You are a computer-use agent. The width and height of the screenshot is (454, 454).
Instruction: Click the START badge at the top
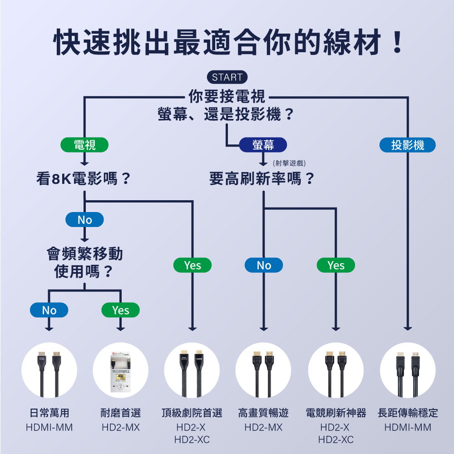tap(227, 77)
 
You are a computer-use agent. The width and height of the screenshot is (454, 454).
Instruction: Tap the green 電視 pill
tap(85, 145)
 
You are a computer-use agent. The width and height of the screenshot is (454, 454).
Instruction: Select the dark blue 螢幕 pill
tap(263, 145)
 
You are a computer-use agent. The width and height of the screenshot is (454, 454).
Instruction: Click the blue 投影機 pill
tap(407, 145)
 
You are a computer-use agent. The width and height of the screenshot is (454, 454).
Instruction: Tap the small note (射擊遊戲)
tap(289, 163)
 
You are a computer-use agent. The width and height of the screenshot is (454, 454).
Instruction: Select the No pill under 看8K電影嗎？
tap(84, 220)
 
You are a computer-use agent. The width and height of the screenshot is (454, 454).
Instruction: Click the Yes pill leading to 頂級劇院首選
tap(192, 265)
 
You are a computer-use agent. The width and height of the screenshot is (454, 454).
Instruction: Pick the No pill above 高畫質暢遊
tap(263, 265)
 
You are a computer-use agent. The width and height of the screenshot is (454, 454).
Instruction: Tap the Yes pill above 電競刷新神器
tap(336, 265)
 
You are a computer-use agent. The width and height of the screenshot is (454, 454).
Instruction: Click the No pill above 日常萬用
tap(49, 310)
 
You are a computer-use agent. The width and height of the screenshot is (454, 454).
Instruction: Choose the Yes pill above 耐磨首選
tap(120, 310)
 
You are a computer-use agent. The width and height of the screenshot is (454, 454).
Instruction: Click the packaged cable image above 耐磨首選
tap(120, 370)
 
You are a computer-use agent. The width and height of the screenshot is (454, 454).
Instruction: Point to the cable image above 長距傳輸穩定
tap(408, 370)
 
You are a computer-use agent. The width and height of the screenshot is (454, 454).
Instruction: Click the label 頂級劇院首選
tap(192, 413)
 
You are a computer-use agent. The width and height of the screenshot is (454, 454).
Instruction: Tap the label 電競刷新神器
tap(336, 413)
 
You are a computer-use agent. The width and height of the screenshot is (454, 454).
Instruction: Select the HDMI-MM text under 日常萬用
tap(49, 428)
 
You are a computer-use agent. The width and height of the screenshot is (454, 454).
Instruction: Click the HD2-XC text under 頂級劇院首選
tap(192, 439)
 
